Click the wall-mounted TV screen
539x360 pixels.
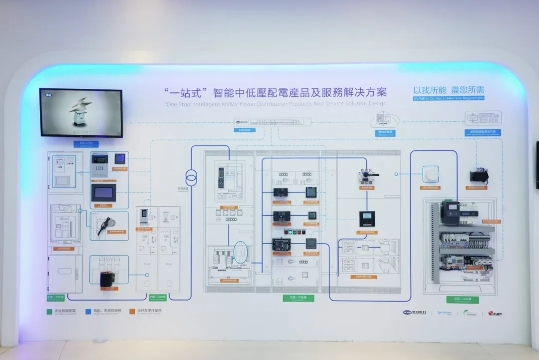click(81, 113)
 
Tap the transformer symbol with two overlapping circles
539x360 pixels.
click(191, 177)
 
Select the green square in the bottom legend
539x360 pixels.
click(49, 311)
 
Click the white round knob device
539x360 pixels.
click(430, 174)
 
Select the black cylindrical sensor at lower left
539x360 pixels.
click(107, 279)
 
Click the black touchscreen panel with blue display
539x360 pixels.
click(103, 192)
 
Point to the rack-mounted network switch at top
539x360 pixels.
click(272, 122)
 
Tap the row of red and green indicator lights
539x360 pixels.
click(293, 232)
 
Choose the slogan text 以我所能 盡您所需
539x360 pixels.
click(448, 90)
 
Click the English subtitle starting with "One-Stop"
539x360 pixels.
click(275, 104)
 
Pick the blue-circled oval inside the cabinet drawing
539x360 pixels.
click(240, 253)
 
